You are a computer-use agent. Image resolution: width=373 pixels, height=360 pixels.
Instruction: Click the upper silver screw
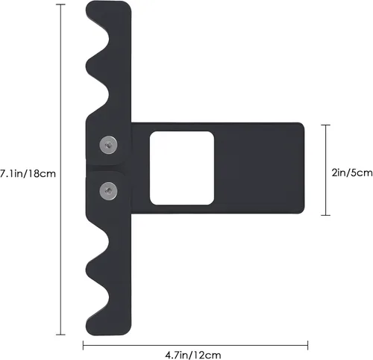(108, 145)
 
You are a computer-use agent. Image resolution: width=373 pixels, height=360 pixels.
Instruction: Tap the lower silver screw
(108, 191)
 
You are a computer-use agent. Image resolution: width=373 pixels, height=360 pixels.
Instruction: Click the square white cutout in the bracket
(182, 168)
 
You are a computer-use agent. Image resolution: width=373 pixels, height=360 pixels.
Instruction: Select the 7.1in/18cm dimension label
(28, 173)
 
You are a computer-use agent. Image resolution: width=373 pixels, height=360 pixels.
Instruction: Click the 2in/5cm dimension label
(352, 173)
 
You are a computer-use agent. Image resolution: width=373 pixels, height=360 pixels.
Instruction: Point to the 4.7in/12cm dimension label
(193, 355)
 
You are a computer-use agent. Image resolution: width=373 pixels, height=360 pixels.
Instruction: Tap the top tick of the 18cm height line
(60, 4)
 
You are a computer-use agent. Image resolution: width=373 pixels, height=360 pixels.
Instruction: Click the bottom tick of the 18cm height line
(60, 335)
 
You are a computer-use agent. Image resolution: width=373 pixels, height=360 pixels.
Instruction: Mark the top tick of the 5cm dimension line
(326, 125)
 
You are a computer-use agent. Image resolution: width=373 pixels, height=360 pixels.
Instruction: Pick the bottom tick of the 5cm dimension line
(326, 215)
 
